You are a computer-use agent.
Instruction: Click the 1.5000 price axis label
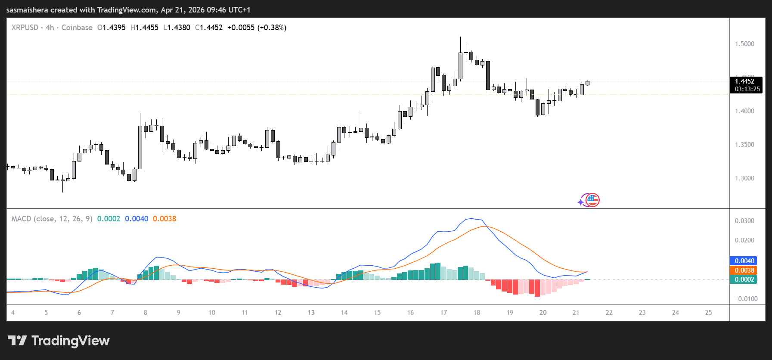[x=744, y=44]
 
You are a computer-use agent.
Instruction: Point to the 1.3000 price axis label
[x=744, y=178]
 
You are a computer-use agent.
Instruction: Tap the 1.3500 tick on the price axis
[x=744, y=145]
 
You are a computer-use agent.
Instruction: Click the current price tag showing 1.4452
[x=744, y=81]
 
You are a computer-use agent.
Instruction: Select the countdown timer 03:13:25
[x=747, y=89]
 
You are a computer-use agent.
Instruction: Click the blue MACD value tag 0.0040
[x=744, y=261]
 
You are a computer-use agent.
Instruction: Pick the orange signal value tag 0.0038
[x=744, y=270]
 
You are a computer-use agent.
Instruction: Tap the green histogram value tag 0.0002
[x=744, y=279]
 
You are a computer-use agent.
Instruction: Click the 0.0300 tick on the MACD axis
[x=744, y=221]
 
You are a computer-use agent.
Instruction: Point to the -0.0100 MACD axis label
[x=746, y=299]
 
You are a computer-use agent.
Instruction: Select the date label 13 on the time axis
[x=311, y=313]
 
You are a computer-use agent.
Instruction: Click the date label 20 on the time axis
[x=543, y=313]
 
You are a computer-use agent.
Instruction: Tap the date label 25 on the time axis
[x=708, y=313]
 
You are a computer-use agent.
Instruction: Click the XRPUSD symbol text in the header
[x=25, y=28]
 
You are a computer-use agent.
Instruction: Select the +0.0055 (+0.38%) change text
[x=257, y=28]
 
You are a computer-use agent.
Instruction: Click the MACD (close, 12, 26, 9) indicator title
[x=52, y=219]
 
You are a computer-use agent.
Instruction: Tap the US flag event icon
[x=593, y=200]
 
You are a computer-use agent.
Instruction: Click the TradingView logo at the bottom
[x=59, y=341]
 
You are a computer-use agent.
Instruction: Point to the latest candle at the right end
[x=587, y=83]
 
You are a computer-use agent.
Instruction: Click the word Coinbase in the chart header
[x=77, y=28]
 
